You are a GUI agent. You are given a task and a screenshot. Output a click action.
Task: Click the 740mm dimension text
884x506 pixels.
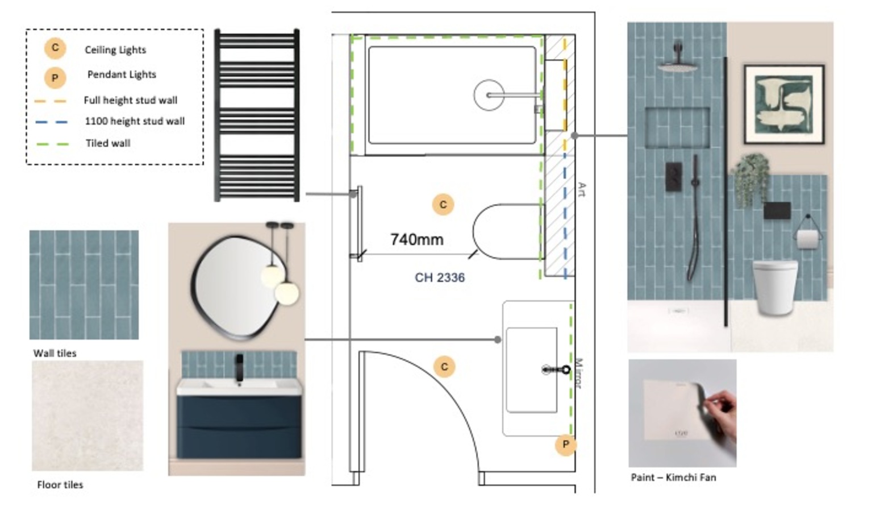pyautogui.click(x=417, y=239)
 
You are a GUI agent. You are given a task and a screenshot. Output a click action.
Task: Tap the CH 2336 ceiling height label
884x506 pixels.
pyautogui.click(x=440, y=277)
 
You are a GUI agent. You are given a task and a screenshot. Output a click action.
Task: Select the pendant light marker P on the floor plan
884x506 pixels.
pyautogui.click(x=565, y=445)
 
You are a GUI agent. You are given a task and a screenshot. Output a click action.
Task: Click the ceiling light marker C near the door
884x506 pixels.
pyautogui.click(x=444, y=367)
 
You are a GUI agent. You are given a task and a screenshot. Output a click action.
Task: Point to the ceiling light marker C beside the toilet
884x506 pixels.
pyautogui.click(x=443, y=205)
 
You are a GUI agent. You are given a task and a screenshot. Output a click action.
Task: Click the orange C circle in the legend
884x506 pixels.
pyautogui.click(x=55, y=48)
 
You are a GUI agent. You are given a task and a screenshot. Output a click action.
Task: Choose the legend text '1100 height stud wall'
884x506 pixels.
pyautogui.click(x=135, y=121)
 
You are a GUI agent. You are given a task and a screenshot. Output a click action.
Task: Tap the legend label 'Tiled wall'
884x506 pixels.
pyautogui.click(x=108, y=143)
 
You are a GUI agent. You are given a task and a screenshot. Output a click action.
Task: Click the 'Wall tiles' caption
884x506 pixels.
pyautogui.click(x=55, y=353)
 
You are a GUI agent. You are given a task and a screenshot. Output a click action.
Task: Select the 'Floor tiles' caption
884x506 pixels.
pyautogui.click(x=60, y=484)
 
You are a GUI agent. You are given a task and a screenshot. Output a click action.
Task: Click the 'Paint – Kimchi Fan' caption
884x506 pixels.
pyautogui.click(x=673, y=477)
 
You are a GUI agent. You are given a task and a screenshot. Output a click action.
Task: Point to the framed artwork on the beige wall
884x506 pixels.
pyautogui.click(x=784, y=104)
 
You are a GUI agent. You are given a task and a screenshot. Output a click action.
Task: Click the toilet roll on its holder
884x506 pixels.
pyautogui.click(x=807, y=239)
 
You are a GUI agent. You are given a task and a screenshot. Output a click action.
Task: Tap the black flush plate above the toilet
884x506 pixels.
pyautogui.click(x=777, y=210)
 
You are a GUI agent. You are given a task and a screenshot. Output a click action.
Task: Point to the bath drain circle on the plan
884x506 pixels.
pyautogui.click(x=489, y=95)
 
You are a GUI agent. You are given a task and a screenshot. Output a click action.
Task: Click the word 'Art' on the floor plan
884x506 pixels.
pyautogui.click(x=581, y=189)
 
